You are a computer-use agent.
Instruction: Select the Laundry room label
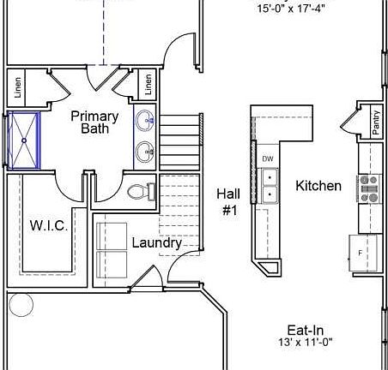tap(156, 242)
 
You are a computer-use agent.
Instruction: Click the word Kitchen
tap(318, 185)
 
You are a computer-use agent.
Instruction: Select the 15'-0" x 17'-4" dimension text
tap(291, 10)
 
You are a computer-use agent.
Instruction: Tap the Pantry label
tap(376, 122)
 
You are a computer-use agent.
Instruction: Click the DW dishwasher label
tap(267, 159)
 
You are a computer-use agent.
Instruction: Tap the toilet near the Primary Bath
tap(138, 192)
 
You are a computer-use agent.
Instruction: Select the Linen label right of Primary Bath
tap(148, 84)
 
